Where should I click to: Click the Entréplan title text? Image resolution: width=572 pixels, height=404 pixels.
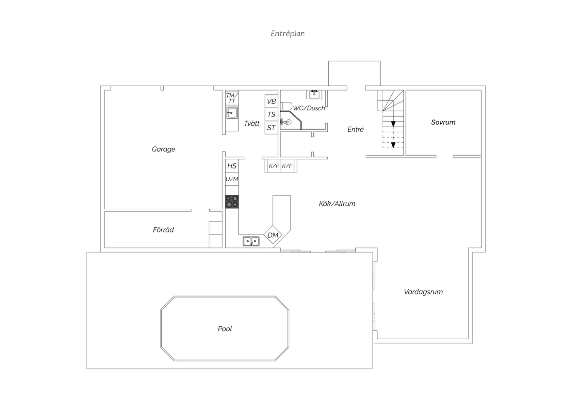tap(288, 34)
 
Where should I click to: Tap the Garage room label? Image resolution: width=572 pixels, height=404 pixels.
tap(164, 149)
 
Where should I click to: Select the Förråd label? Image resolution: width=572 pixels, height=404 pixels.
tap(163, 230)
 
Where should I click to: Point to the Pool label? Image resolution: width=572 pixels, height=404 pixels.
tap(225, 329)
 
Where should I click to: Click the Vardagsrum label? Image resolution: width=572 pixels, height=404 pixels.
tap(423, 292)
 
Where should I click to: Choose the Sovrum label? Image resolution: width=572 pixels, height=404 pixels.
tap(443, 122)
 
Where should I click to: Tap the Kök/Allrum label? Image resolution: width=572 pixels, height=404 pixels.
tap(337, 204)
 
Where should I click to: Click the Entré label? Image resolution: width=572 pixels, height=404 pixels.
tap(355, 129)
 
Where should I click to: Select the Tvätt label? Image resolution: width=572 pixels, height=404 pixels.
tap(252, 123)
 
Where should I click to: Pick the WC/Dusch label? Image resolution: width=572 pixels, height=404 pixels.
tap(309, 108)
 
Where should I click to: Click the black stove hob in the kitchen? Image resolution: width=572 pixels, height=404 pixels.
tap(232, 202)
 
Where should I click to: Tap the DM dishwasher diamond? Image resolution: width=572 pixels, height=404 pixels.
tap(273, 235)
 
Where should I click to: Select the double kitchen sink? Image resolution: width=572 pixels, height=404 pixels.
tap(251, 241)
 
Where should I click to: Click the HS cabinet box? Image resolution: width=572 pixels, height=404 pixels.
tap(232, 166)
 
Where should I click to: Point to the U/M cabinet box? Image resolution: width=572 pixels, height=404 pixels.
tap(232, 179)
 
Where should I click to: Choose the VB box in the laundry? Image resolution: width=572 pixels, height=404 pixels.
tap(271, 101)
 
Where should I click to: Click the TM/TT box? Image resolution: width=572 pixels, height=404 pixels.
tap(232, 98)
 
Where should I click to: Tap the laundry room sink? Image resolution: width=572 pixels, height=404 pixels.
tap(232, 112)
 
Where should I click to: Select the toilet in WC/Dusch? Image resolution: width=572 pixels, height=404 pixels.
tap(286, 106)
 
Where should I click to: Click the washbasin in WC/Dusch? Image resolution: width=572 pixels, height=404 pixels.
tap(314, 94)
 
